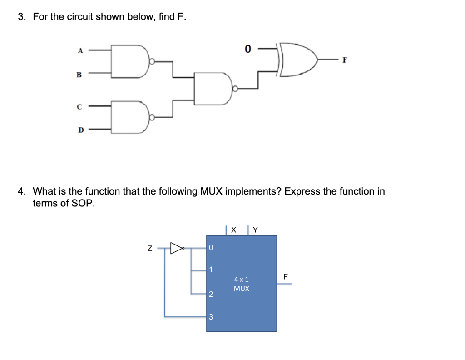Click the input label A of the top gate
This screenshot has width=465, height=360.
click(80, 51)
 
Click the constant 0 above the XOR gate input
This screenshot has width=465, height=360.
click(247, 48)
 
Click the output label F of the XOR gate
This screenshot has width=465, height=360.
click(345, 59)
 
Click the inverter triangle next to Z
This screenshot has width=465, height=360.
click(176, 248)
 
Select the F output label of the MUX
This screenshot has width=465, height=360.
click(285, 276)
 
